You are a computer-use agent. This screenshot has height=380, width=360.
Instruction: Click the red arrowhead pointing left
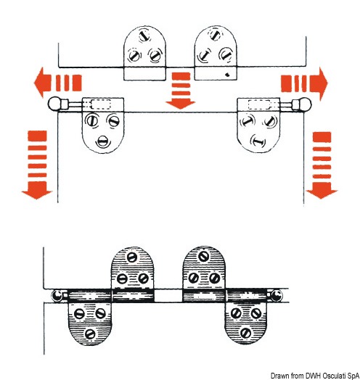[41, 83]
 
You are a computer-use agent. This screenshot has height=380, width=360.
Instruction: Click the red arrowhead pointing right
[319, 84]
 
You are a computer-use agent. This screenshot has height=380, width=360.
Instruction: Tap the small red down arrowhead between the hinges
[181, 105]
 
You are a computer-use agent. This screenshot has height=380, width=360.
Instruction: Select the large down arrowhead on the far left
[37, 191]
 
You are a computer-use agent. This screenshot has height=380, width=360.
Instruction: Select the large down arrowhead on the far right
[322, 191]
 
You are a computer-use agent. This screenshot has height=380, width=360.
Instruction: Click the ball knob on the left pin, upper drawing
[54, 104]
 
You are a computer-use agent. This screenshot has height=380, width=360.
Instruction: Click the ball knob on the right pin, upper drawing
[305, 104]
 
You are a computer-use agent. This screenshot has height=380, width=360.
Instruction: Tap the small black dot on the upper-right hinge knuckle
[227, 75]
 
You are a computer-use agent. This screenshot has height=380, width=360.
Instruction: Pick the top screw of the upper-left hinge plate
[145, 36]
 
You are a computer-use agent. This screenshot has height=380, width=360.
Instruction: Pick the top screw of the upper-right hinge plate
[215, 34]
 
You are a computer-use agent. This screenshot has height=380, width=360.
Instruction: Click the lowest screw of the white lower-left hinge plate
[103, 141]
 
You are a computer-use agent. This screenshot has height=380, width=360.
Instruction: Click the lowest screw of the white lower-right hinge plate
[258, 141]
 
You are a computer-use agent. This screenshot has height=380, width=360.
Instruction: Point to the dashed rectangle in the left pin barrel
[100, 104]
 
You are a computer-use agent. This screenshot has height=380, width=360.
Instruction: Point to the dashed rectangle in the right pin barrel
[259, 104]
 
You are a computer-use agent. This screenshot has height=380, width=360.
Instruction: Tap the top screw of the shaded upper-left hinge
[132, 257]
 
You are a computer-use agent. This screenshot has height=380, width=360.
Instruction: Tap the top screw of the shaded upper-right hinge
[203, 257]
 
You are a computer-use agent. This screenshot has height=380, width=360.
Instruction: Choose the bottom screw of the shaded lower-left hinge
[90, 334]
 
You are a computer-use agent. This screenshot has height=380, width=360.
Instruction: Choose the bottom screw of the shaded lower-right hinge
[245, 334]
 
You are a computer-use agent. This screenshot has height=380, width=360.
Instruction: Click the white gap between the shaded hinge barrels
[168, 295]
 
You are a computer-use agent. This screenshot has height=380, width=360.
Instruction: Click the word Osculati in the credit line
[334, 376]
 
